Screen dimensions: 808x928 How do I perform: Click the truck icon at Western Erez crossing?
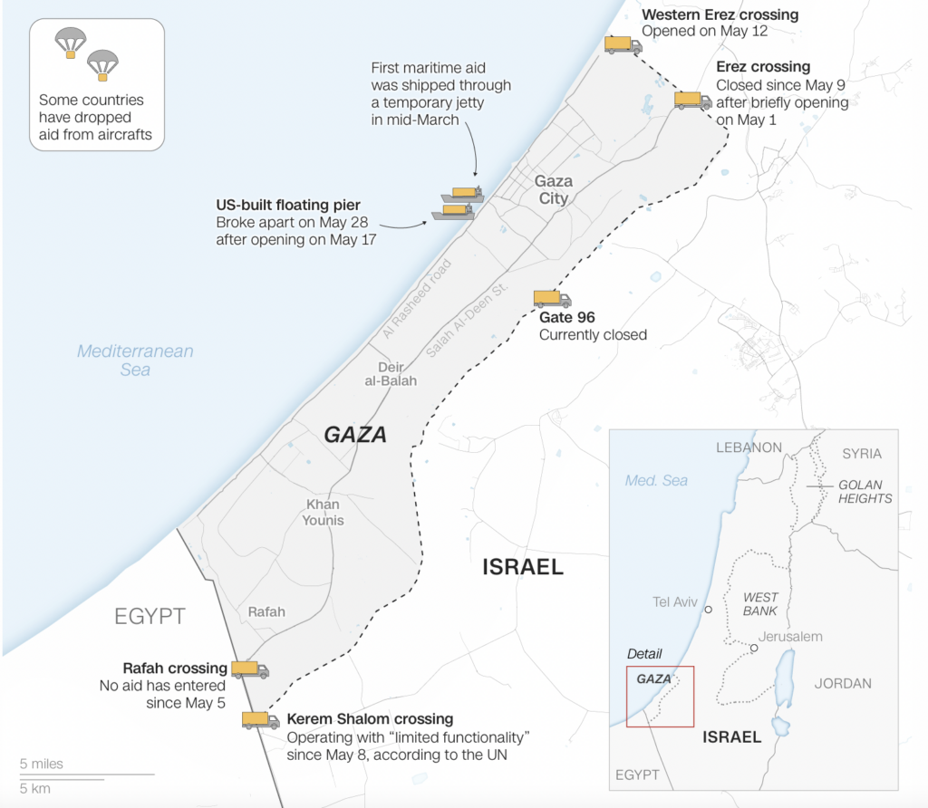[623, 44]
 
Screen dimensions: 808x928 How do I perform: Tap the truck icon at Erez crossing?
[692, 100]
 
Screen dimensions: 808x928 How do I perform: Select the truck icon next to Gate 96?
[552, 299]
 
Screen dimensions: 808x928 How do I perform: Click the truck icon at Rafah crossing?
[250, 669]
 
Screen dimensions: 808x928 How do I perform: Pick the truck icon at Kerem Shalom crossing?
[260, 720]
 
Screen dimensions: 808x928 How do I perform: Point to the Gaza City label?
[553, 189]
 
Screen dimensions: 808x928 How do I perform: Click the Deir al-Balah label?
[391, 373]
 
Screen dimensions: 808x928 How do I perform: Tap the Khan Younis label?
[324, 512]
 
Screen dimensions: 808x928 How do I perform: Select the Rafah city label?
[266, 611]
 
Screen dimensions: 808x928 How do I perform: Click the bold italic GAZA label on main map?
[355, 435]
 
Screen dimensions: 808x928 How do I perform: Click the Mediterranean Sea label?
[135, 360]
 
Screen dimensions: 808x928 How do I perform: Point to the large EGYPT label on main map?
[150, 617]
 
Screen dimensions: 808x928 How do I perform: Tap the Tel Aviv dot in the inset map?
[709, 610]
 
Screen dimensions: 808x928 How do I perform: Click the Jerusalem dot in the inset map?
[754, 648]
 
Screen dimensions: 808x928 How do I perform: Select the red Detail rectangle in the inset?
[660, 696]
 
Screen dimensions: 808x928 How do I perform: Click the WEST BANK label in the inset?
[759, 603]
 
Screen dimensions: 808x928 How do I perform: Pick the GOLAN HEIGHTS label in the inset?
[865, 491]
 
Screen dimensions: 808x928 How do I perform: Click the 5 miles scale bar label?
[42, 764]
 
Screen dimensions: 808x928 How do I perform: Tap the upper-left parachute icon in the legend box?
[70, 43]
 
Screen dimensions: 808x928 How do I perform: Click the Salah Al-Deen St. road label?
[468, 324]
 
